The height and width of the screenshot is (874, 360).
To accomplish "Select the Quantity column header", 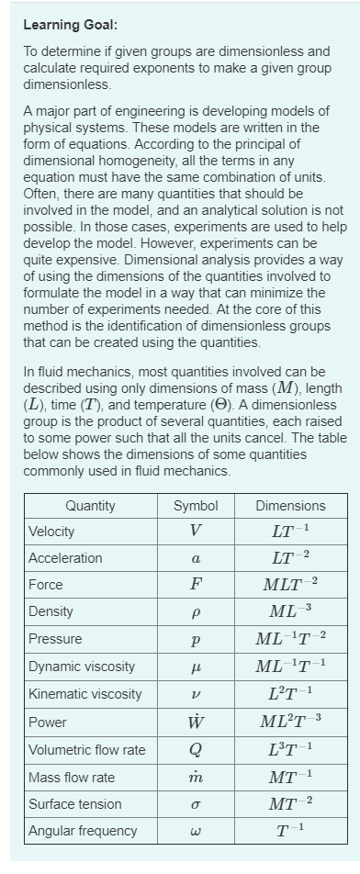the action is point(90,505).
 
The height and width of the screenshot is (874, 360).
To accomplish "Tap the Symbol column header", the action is point(196,505).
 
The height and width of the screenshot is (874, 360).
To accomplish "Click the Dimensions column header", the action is point(290,505).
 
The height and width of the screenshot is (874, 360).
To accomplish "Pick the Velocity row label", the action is point(51,532).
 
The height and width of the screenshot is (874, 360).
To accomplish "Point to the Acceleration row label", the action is point(65,558).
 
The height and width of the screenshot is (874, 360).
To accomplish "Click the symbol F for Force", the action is point(196,585).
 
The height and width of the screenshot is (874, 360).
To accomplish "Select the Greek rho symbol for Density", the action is point(196,612).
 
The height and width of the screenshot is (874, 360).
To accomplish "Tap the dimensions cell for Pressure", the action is point(290,638).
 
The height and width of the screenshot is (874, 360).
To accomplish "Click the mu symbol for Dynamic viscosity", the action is point(196,667).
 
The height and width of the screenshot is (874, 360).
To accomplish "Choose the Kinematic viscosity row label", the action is point(85,693).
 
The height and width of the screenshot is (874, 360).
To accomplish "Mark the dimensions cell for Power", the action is point(290,722).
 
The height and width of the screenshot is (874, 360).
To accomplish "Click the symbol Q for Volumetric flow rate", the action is point(196,749).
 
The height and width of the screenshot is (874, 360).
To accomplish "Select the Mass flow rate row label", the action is point(72,777).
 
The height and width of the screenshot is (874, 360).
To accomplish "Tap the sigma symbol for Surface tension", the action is point(196,804).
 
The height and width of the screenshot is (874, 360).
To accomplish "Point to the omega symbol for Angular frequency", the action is point(196,832).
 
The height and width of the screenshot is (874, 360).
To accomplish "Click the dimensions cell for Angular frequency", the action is point(290,831).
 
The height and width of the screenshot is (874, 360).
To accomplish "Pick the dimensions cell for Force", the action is point(290,585).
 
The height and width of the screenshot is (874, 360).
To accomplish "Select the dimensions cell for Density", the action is point(290,611).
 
